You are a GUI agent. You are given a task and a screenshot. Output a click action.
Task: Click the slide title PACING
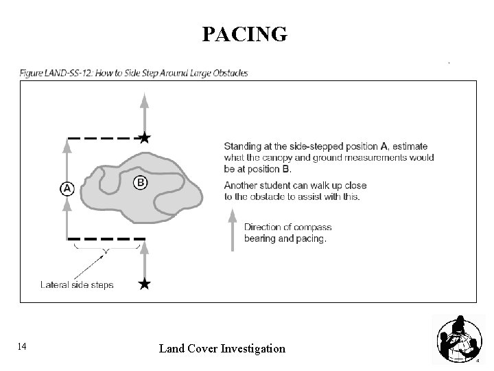pos(244,34)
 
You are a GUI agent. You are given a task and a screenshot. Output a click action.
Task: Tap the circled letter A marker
pos(67,188)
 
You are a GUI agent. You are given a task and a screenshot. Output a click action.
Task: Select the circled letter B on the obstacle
pos(139,183)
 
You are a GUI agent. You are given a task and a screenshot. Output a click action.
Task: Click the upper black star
pos(143,138)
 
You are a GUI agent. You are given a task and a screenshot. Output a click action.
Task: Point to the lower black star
pos(143,284)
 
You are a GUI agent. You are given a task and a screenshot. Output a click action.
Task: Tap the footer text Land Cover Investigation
pos(222,348)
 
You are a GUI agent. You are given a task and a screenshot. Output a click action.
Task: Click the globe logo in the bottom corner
pos(457,339)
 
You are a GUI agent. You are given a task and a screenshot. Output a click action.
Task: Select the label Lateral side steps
pos(77,284)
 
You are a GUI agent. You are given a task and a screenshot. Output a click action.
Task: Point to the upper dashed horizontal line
pos(103,138)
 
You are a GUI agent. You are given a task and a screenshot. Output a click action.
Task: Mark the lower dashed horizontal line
pos(106,239)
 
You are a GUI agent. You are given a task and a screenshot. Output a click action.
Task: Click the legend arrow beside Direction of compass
pos(232,226)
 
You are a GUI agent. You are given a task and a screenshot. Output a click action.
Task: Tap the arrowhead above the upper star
pos(143,100)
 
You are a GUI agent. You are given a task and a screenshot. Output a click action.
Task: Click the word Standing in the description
pos(242,146)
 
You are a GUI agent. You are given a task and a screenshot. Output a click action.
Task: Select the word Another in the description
pos(241,185)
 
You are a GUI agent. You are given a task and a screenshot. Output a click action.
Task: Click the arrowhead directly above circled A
pos(67,144)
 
